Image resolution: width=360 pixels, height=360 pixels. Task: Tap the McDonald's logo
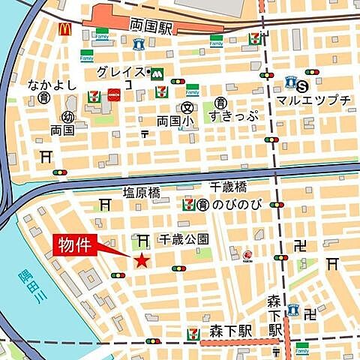pos(65,29)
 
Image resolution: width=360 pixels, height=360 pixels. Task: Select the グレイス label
pos(122,73)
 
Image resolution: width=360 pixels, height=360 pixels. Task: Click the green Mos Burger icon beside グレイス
pos(157,74)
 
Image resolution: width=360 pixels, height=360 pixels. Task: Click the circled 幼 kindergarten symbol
pos(67,116)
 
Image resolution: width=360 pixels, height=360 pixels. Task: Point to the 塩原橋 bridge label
pos(142,192)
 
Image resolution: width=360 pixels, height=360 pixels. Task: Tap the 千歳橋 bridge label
pos(228,187)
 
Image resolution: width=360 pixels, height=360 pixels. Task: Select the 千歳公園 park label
pos(183,238)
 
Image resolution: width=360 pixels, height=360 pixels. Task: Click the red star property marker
pos(141,260)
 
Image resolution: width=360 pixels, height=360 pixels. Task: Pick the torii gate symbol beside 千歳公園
pos(142,239)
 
